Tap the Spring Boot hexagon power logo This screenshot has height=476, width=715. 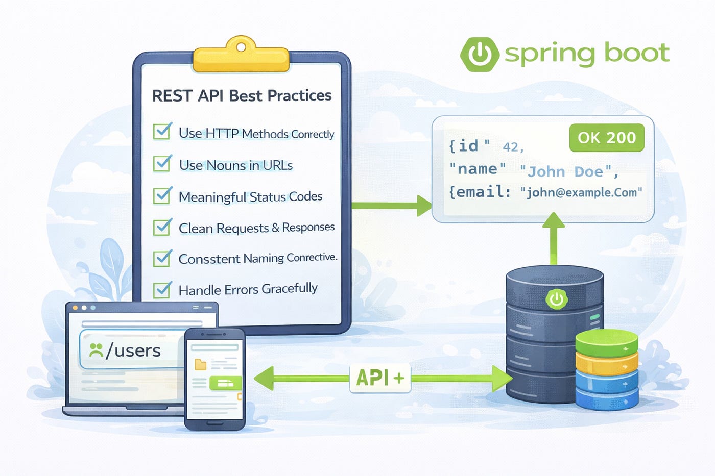pos(479,54)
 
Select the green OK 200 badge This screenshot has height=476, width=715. pos(607,138)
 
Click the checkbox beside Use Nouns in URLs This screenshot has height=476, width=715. pos(162,164)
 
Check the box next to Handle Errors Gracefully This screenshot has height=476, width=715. pos(162,289)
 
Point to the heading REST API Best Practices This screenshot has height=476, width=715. pos(242,95)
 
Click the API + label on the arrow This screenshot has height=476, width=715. pos(380,378)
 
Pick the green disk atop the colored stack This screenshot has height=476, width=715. pos(607,343)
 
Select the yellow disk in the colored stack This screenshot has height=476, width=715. pos(607,362)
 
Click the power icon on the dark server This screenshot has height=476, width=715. pos(556,299)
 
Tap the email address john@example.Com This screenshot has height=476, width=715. pos(581,192)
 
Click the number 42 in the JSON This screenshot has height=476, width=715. pos(511,147)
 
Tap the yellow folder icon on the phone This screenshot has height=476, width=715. pos(201,364)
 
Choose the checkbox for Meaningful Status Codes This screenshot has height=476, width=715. pos(162,195)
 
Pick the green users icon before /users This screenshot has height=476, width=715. pos(96,350)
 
